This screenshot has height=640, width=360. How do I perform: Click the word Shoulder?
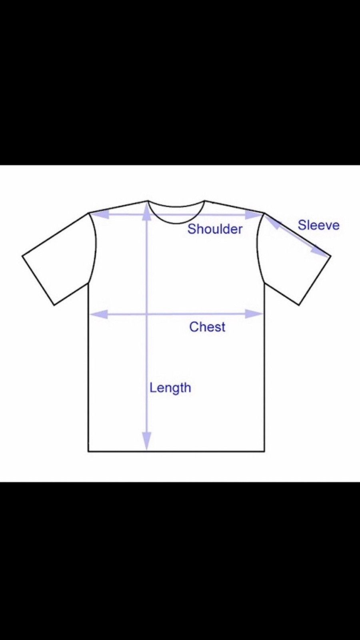215,229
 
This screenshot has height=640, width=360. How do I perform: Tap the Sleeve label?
318,225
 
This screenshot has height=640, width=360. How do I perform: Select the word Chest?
207,327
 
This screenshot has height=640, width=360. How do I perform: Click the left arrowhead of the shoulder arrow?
100,214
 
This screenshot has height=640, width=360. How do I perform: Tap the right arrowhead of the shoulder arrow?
253,214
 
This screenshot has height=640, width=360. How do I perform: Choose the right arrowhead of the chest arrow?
254,314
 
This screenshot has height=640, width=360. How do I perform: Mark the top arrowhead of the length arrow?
147,212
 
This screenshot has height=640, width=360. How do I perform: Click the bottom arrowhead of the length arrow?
146,442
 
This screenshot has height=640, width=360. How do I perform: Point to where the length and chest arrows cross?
147,314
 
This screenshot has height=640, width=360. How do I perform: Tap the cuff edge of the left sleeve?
38,280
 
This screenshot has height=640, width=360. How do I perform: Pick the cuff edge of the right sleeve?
315,280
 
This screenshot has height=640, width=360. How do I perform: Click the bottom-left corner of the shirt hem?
88,452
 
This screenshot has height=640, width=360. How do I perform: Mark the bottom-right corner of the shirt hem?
264,452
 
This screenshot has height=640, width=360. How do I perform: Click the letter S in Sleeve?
302,225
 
